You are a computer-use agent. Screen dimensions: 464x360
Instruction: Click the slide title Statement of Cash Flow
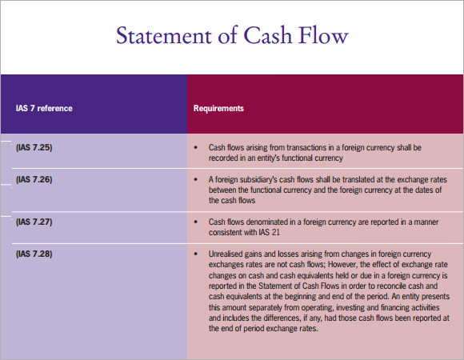point(232,35)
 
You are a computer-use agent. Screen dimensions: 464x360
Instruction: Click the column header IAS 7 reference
point(44,108)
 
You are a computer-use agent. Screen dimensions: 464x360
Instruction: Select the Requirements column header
point(218,108)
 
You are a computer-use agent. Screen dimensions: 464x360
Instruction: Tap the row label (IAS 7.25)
point(34,147)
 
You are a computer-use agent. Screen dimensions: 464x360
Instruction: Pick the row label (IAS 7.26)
point(34,179)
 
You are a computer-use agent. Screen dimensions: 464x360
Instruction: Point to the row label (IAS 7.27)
point(34,222)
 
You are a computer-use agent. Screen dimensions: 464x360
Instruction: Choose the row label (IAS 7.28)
point(34,254)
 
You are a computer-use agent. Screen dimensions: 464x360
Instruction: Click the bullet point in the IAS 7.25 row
point(196,147)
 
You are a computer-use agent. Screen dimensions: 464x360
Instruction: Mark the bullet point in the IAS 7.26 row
point(196,179)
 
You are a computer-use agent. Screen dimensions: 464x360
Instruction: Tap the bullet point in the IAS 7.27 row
point(196,222)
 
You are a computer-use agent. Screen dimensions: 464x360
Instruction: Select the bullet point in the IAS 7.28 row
point(196,254)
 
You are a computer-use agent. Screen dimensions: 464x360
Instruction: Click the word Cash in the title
point(268,35)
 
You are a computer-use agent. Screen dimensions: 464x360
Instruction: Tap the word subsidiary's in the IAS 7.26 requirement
point(258,179)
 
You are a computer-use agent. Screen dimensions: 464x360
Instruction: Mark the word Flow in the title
point(323,35)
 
